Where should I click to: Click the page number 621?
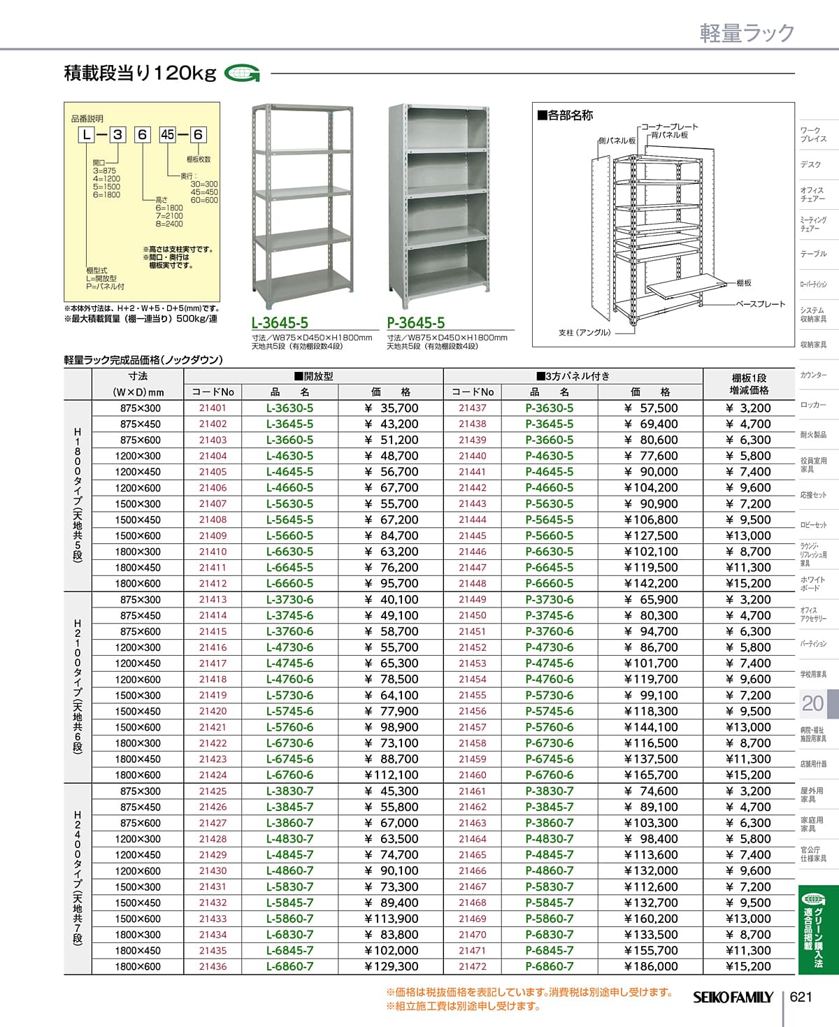click(x=801, y=996)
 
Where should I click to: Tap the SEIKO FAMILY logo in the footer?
click(x=733, y=998)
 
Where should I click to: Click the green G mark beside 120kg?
click(x=243, y=73)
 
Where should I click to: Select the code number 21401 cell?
click(x=213, y=408)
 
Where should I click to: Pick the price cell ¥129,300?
click(x=392, y=967)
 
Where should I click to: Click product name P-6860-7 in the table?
click(x=550, y=967)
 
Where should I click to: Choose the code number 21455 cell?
click(x=473, y=696)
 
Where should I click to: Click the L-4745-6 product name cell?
click(x=290, y=663)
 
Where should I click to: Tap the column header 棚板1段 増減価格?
click(x=750, y=384)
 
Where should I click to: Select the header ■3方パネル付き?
click(x=573, y=376)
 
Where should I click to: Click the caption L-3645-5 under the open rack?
click(x=280, y=323)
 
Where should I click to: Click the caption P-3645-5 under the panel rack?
click(x=416, y=323)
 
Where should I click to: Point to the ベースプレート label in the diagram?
click(x=761, y=304)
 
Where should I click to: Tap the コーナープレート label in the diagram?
click(x=670, y=127)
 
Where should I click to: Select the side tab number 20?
click(x=812, y=703)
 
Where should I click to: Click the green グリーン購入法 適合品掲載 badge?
click(x=812, y=930)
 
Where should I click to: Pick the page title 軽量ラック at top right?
click(x=747, y=33)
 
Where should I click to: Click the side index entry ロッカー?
click(x=813, y=405)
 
